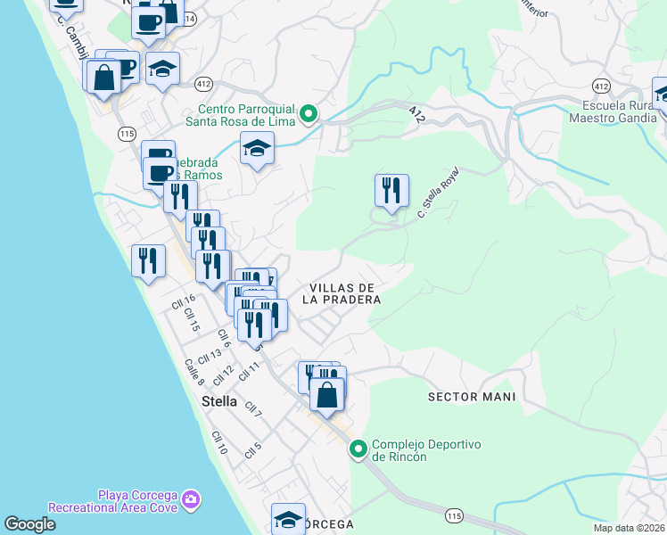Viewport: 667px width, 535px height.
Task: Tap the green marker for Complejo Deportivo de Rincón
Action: click(358, 449)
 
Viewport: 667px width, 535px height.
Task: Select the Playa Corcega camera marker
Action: click(191, 500)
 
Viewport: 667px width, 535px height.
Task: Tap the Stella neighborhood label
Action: click(219, 401)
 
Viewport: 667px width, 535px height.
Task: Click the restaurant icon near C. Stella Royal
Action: click(391, 192)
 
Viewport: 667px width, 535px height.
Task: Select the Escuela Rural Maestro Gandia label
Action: click(612, 111)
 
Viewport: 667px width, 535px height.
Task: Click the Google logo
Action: click(29, 524)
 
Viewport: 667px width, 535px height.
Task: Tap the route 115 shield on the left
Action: click(126, 132)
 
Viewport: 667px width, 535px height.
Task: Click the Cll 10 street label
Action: click(219, 442)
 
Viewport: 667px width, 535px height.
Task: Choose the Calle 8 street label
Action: click(194, 372)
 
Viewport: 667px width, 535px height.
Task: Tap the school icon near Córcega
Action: click(289, 519)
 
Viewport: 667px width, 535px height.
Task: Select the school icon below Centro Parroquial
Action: click(257, 148)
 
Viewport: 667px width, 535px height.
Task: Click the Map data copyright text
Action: click(629, 528)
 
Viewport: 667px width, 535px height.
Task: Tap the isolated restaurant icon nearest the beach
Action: click(147, 261)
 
